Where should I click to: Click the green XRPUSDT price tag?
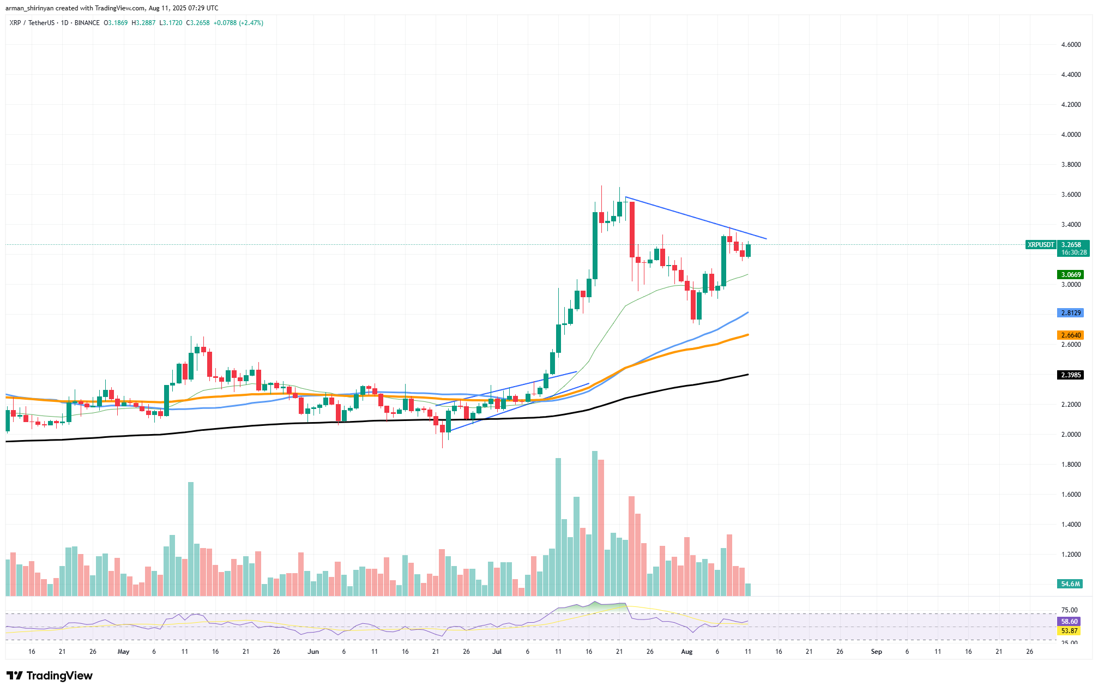click(1041, 245)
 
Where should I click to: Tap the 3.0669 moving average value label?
click(1071, 275)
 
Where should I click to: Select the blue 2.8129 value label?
click(1071, 313)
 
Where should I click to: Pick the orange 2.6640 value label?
click(1071, 335)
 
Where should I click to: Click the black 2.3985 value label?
click(1071, 375)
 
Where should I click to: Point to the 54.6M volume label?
click(1071, 584)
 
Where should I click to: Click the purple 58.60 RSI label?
click(1069, 622)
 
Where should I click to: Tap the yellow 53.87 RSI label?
click(1069, 631)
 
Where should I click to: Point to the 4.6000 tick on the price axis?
click(1071, 45)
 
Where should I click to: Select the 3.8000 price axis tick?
click(1071, 165)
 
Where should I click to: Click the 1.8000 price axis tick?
click(1071, 465)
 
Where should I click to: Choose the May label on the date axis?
click(124, 652)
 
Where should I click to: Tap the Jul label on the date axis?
click(497, 652)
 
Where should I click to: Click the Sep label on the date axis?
click(876, 652)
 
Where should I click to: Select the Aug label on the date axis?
click(686, 652)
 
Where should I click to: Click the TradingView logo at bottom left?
click(50, 676)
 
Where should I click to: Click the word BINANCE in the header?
click(87, 23)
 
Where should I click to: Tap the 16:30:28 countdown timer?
click(1071, 252)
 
